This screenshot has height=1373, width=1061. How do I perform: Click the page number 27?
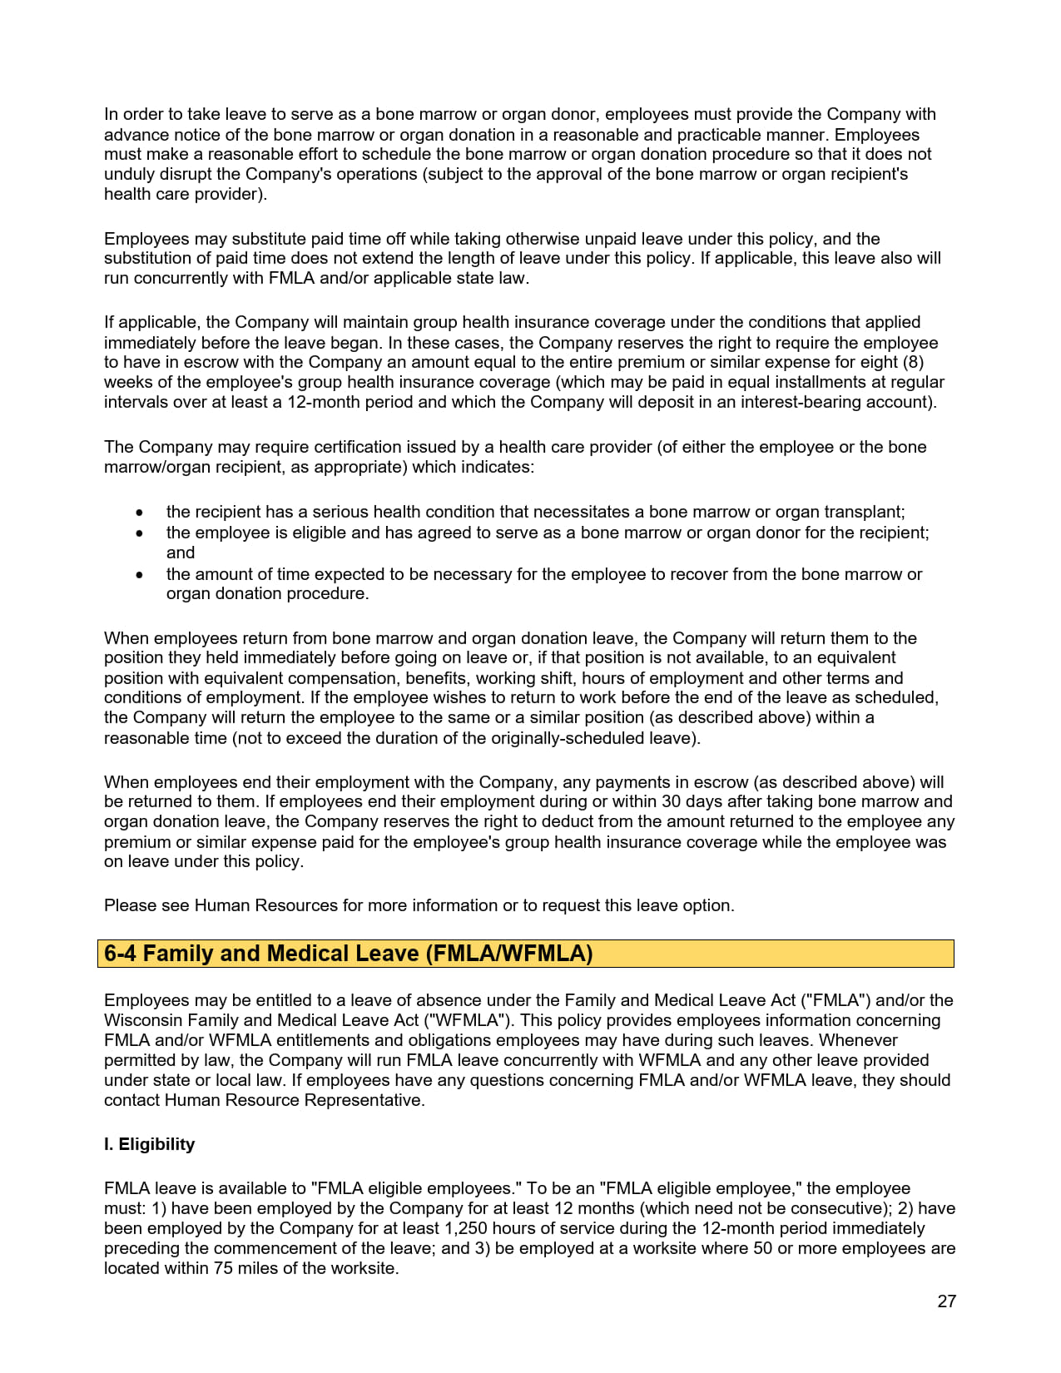pyautogui.click(x=946, y=1301)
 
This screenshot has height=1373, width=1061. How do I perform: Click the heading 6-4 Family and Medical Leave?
pyautogui.click(x=348, y=954)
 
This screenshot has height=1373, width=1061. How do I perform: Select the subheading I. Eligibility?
pyautogui.click(x=149, y=1144)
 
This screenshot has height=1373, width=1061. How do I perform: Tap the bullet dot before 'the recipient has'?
pyautogui.click(x=140, y=513)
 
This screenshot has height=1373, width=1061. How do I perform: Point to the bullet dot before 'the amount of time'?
pyautogui.click(x=140, y=575)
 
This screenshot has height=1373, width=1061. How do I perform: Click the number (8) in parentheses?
pyautogui.click(x=913, y=362)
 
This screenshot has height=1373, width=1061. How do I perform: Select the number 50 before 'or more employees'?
pyautogui.click(x=762, y=1248)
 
